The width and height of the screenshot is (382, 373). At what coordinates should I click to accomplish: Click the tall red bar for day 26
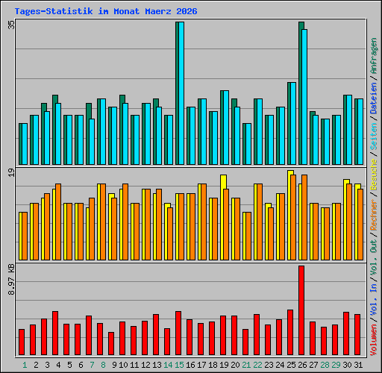pyautogui.click(x=301, y=310)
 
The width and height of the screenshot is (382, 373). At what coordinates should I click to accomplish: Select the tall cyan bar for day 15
pyautogui.click(x=180, y=93)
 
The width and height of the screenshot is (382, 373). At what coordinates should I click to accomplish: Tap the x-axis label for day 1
pyautogui.click(x=25, y=365)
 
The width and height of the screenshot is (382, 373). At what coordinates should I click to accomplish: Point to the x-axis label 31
pyautogui.click(x=357, y=365)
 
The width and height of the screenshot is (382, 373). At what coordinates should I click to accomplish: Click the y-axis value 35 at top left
pyautogui.click(x=11, y=24)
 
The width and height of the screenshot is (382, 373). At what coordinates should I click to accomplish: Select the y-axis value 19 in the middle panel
pyautogui.click(x=11, y=173)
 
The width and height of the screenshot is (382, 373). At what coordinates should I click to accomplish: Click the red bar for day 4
pyautogui.click(x=55, y=333)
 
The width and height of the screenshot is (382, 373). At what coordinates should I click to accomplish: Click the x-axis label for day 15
pyautogui.click(x=179, y=365)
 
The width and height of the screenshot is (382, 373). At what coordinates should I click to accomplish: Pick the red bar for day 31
pyautogui.click(x=357, y=334)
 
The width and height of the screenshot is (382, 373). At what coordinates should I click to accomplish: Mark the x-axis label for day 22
pyautogui.click(x=257, y=365)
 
